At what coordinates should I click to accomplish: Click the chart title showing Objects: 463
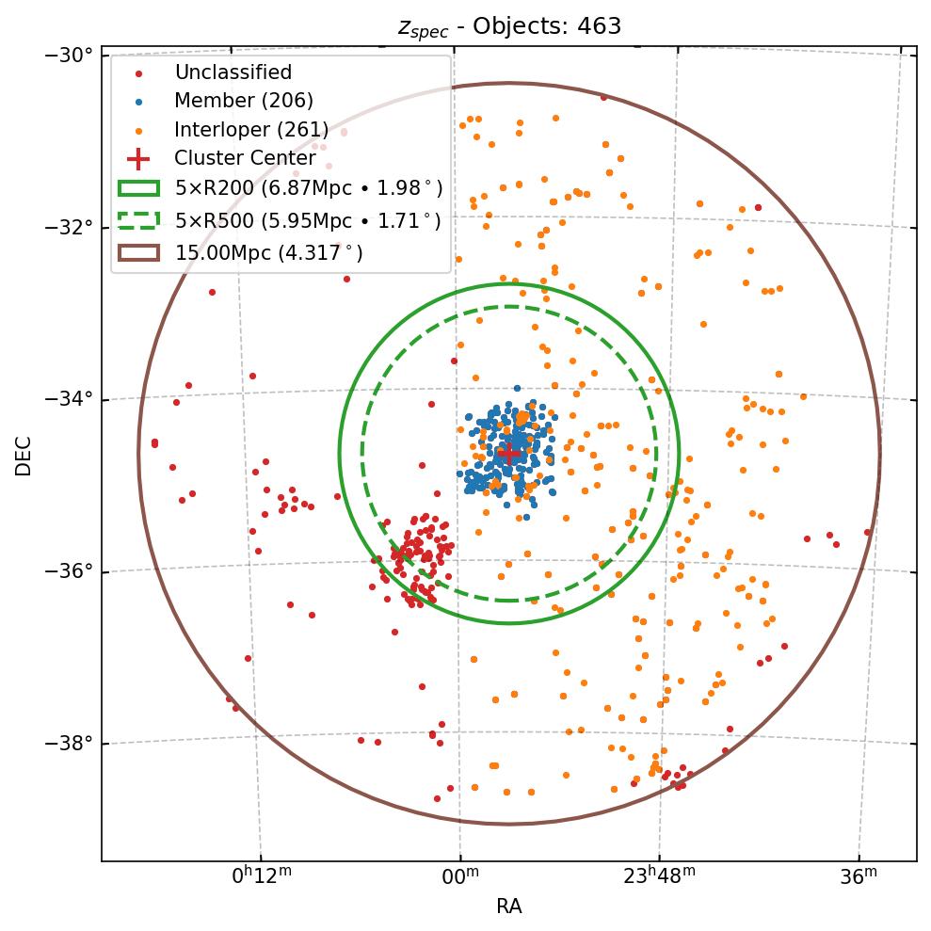[509, 25]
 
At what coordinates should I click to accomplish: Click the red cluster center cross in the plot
[509, 453]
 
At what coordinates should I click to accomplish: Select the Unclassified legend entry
[233, 72]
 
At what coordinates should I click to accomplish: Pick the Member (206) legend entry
[243, 101]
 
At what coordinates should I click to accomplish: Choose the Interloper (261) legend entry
[251, 130]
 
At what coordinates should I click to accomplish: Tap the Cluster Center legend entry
[245, 158]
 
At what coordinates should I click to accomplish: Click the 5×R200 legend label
[308, 187]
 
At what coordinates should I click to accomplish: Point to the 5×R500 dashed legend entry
[307, 221]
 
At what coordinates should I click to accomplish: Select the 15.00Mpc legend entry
[268, 252]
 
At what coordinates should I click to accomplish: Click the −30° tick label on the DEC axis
[69, 55]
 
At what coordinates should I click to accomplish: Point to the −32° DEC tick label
[69, 228]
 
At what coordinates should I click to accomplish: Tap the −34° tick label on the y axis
[69, 400]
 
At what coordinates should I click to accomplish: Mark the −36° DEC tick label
[69, 572]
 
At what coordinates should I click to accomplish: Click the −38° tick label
[69, 744]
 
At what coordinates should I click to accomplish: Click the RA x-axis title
[509, 907]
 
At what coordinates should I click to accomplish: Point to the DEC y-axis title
[24, 456]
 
